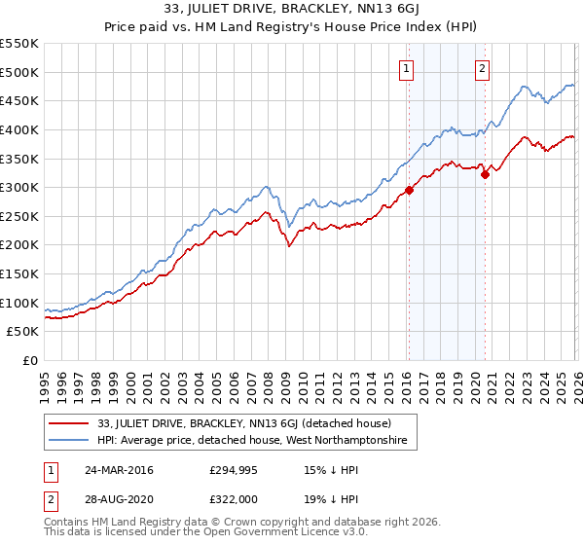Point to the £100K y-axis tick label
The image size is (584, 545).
19,303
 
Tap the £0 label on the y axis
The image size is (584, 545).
29,360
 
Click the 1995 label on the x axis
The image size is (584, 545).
45,381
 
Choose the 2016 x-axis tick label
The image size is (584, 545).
405,381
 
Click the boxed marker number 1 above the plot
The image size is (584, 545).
406,68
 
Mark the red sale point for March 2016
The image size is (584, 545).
409,191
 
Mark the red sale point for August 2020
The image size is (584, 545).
485,175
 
